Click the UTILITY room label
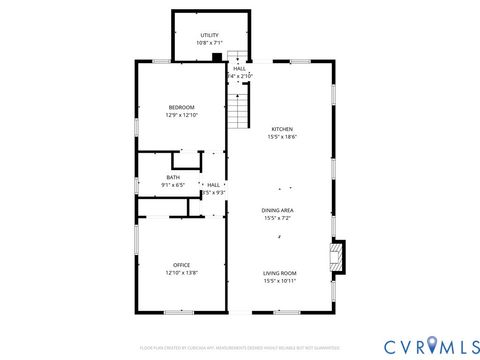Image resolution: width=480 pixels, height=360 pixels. (209, 35)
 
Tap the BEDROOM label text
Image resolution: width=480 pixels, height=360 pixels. (181, 107)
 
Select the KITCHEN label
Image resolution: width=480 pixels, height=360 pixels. (282, 129)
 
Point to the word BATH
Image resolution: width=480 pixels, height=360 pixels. (173, 177)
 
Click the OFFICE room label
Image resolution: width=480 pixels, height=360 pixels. (181, 265)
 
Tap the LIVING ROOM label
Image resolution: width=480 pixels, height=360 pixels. (281, 273)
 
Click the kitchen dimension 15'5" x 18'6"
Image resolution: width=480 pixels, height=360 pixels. (282, 137)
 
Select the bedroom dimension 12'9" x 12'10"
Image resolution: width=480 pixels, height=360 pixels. (181, 115)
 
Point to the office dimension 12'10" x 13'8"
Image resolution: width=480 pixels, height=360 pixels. (181, 273)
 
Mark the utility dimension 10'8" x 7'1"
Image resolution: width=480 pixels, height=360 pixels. (209, 43)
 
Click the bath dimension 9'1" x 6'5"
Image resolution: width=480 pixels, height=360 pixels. (173, 185)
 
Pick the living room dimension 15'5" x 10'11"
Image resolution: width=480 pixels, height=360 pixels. (281, 281)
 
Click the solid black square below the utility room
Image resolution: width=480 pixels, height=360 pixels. (216, 58)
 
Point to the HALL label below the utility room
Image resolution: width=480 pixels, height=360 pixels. (239, 68)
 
